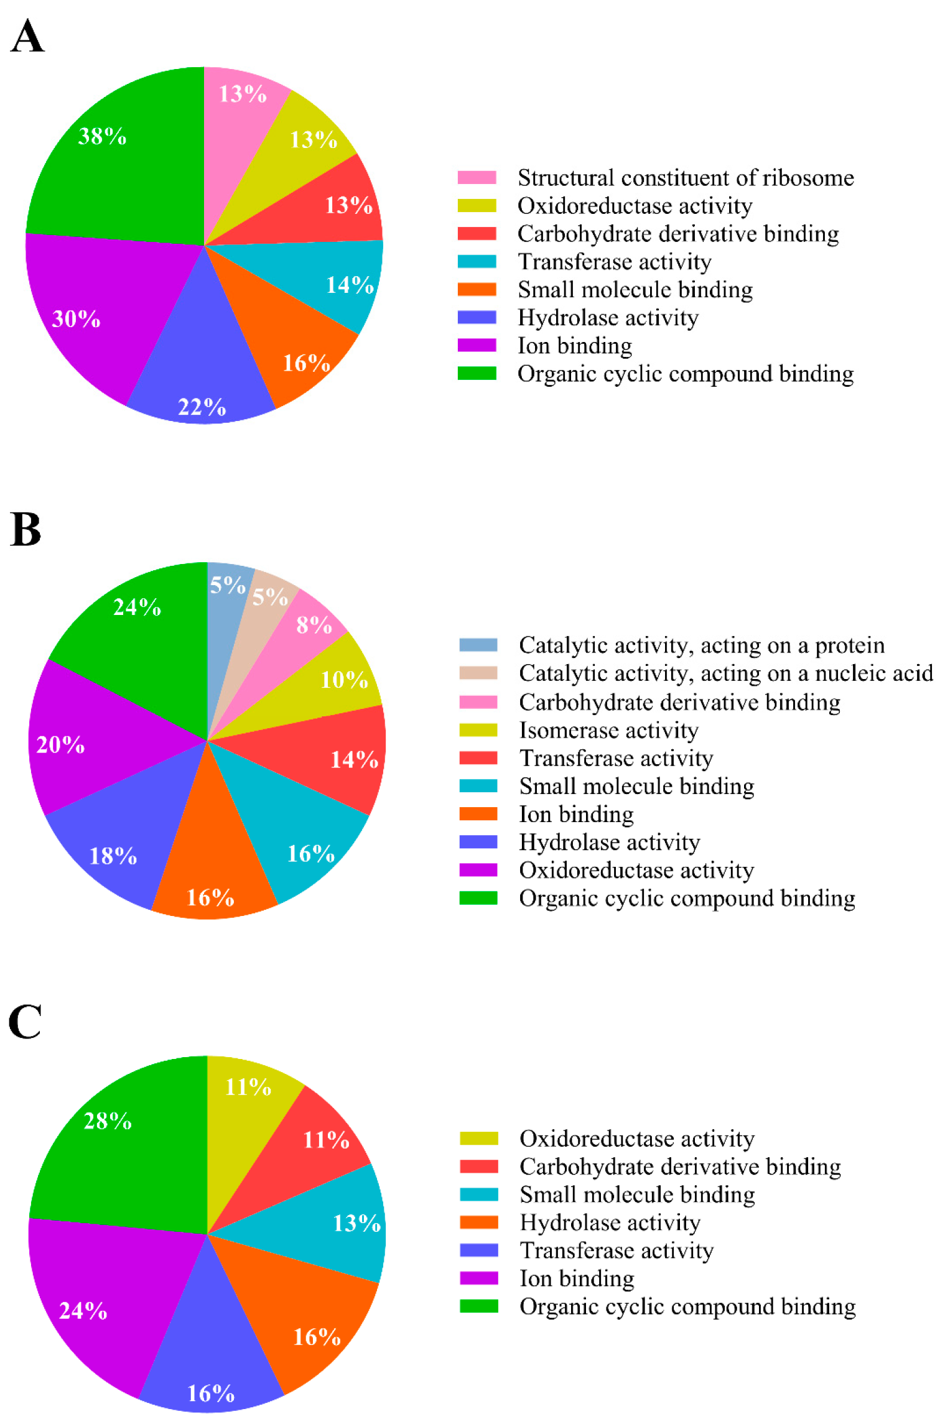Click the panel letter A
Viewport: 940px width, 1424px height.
(27, 37)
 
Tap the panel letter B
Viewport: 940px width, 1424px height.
(26, 530)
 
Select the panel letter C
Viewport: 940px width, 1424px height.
(25, 1022)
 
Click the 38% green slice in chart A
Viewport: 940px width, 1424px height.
(118, 162)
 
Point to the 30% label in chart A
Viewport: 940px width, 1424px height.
(76, 319)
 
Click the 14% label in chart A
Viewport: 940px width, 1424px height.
(350, 285)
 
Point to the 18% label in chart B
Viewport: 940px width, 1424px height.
(113, 856)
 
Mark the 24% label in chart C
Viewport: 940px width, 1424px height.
(83, 1311)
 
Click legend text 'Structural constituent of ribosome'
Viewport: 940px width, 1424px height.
(686, 178)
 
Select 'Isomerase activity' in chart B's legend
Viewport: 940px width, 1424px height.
(608, 730)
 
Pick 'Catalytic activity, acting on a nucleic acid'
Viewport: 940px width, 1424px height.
(725, 673)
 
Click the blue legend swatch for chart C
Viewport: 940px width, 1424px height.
(478, 1250)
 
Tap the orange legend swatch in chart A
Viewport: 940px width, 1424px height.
(477, 290)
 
